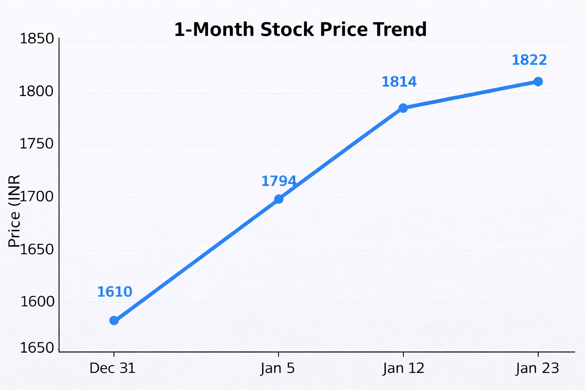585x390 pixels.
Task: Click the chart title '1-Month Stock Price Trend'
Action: point(300,30)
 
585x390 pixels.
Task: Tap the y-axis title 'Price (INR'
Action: point(14,211)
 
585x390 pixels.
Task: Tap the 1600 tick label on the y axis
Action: point(37,302)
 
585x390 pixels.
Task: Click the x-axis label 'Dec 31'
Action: point(112,369)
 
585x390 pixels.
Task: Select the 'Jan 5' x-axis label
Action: point(278,369)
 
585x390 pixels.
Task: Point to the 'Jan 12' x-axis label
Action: point(404,369)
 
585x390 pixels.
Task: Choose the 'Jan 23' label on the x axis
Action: point(537,369)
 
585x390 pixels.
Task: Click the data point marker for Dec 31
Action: point(114,320)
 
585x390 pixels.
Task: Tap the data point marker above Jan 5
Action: point(279,199)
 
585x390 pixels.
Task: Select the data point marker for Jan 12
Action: point(403,108)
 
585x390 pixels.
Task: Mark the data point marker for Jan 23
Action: point(538,82)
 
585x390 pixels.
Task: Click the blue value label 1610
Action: point(115,292)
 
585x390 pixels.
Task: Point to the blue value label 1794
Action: point(279,181)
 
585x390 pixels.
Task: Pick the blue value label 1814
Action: point(399,82)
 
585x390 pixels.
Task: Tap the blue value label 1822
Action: point(529,60)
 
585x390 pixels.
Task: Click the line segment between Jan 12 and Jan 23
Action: point(471,95)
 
